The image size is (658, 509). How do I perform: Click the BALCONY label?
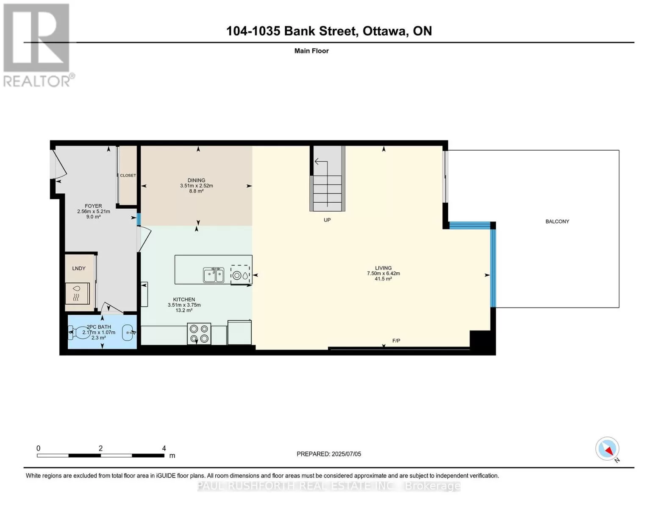[557, 221]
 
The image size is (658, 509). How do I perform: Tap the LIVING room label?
[383, 268]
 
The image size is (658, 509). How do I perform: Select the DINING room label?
[196, 180]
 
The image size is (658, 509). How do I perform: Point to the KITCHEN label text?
[184, 299]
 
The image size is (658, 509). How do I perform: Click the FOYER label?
[93, 206]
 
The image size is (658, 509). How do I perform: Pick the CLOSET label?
[128, 176]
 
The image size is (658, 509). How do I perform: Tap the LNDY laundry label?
[79, 268]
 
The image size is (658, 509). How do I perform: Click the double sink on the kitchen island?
[214, 275]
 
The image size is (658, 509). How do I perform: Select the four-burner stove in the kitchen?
[199, 334]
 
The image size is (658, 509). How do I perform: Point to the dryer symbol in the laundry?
[78, 294]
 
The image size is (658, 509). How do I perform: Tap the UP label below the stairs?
[327, 220]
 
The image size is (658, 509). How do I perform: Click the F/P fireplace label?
[396, 341]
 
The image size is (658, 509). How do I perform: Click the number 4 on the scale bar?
[164, 448]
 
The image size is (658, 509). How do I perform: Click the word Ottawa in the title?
[384, 31]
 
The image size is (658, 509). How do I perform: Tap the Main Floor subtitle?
[311, 51]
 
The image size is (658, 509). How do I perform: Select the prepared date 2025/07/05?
[346, 454]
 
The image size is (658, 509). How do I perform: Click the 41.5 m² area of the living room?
[383, 279]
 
